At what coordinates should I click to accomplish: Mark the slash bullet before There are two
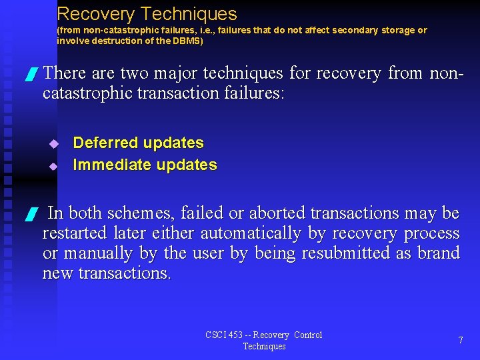(x=29, y=75)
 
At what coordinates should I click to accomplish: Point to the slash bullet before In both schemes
(x=29, y=215)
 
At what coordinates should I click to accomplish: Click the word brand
(x=438, y=253)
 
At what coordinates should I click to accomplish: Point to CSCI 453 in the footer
(x=224, y=335)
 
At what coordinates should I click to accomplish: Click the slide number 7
(x=461, y=340)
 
